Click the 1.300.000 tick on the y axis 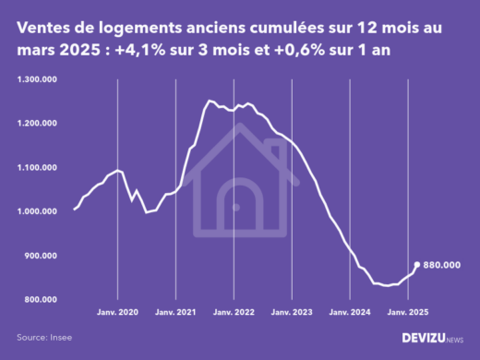coord(36,79)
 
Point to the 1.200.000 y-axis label coord(36,124)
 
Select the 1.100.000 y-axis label coord(36,168)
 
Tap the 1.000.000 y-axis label coord(36,212)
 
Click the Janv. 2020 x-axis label coord(117,314)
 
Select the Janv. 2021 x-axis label coord(176,314)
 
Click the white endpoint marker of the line coord(416,264)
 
